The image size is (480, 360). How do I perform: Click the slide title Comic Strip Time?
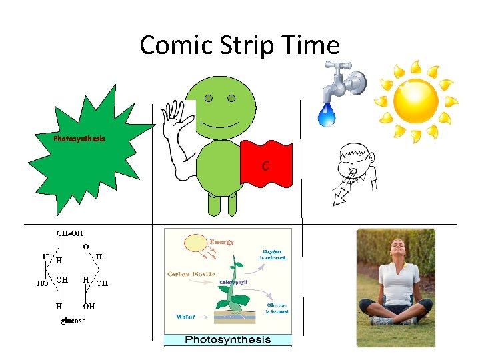239,45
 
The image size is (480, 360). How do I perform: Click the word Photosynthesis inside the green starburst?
79,139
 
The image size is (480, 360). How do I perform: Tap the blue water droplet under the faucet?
327,115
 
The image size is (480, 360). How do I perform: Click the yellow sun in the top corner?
415,101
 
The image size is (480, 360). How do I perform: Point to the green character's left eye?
209,99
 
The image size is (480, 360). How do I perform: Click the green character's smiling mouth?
220,125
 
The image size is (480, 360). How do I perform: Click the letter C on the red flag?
265,165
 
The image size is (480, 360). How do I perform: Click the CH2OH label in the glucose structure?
69,234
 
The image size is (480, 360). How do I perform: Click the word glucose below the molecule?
73,321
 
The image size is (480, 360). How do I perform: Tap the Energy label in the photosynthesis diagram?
222,242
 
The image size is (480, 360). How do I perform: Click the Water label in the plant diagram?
186,317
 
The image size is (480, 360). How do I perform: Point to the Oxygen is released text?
272,254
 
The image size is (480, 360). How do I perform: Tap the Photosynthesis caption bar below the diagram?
228,340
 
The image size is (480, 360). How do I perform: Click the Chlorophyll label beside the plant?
235,282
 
